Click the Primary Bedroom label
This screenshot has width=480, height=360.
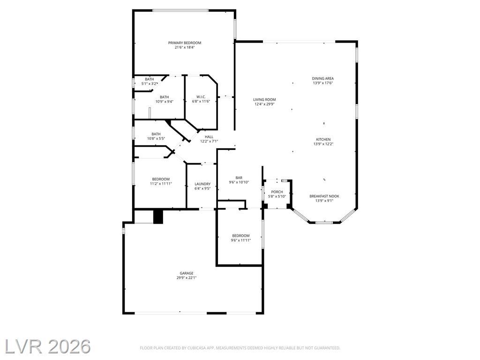[185, 43]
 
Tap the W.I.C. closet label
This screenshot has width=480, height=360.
[201, 97]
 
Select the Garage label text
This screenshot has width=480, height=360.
[187, 273]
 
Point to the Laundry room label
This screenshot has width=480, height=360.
[202, 184]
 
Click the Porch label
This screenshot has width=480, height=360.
[277, 192]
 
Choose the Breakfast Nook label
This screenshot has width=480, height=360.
[324, 196]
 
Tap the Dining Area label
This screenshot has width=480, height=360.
[322, 78]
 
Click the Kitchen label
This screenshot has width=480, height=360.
[323, 139]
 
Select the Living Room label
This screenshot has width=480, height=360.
[264, 99]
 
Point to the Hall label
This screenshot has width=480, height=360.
[209, 137]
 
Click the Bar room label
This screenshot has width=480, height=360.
[239, 178]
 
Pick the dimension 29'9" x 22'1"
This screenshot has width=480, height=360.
[187, 278]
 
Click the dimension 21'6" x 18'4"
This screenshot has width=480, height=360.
[185, 47]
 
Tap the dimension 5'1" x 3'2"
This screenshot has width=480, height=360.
[150, 83]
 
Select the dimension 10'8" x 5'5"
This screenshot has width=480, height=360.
[156, 138]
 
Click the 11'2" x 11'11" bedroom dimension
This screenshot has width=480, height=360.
[161, 184]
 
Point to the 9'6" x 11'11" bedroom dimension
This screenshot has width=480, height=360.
[241, 240]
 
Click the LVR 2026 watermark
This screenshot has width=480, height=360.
[47, 346]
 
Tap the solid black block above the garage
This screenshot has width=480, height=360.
[158, 217]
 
